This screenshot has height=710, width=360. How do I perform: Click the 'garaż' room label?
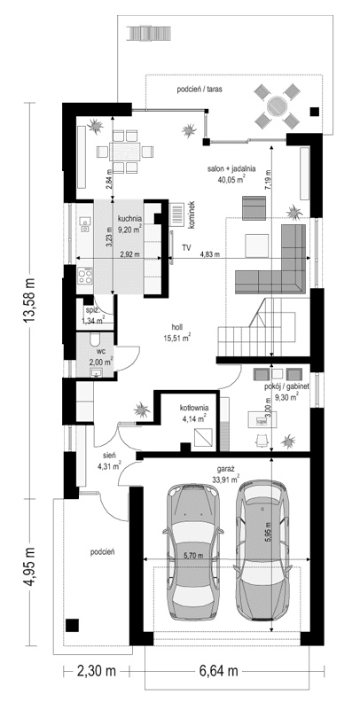(x=223, y=470)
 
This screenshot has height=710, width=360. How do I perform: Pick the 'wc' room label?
(x=101, y=351)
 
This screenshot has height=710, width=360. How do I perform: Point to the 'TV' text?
(x=187, y=249)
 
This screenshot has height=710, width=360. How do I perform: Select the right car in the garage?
(x=263, y=551)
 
